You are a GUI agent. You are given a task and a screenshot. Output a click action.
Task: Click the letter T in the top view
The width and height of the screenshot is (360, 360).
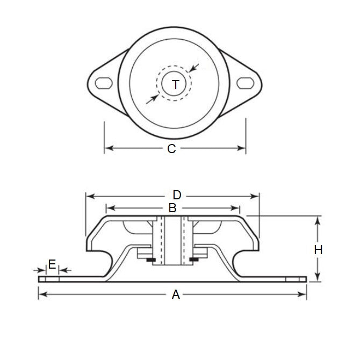(176, 84)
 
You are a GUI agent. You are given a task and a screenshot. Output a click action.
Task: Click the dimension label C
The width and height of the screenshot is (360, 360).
(171, 149)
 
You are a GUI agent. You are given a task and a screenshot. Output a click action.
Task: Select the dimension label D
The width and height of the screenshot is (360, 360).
(177, 195)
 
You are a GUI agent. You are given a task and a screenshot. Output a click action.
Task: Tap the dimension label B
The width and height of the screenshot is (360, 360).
(172, 207)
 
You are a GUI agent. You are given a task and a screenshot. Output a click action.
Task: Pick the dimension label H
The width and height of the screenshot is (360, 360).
(318, 249)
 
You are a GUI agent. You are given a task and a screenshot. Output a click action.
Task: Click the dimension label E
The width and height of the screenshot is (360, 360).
(52, 264)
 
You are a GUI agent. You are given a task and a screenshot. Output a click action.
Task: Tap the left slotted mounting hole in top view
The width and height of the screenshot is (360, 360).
(104, 82)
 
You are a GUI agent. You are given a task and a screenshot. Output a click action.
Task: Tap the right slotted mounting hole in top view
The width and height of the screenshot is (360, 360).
(246, 83)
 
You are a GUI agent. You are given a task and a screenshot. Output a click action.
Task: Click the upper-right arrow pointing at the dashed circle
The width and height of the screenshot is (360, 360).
(194, 68)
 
